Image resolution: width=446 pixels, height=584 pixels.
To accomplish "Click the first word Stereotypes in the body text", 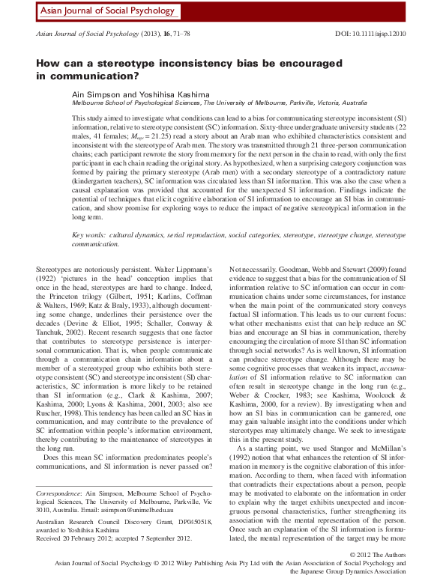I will coord(56,267).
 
